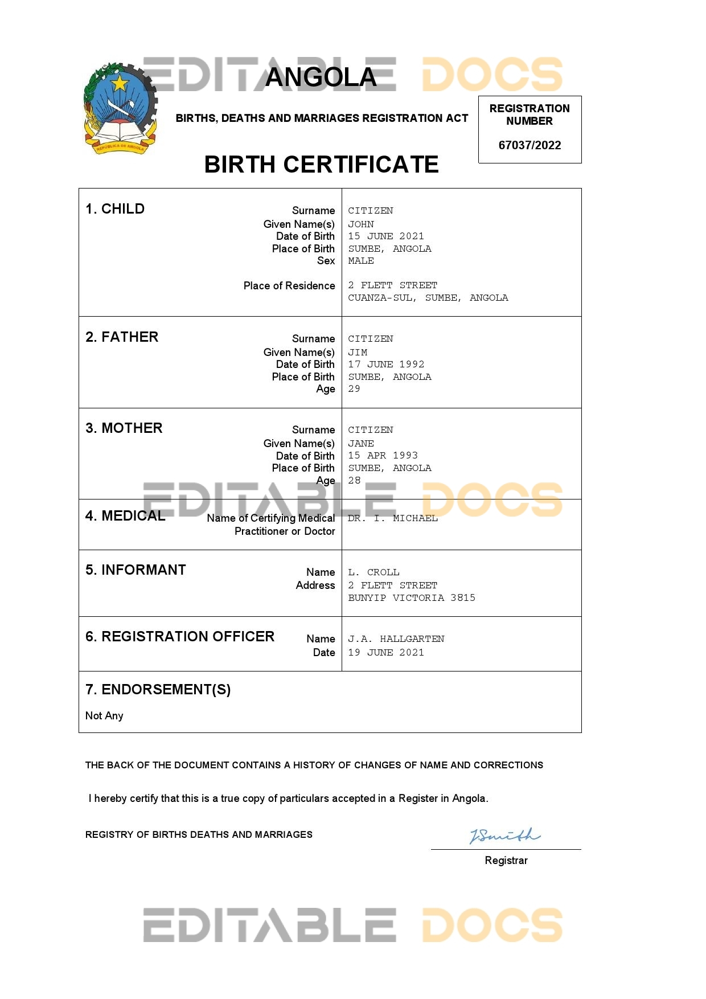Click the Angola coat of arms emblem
pyautogui.click(x=120, y=109)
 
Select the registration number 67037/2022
pyautogui.click(x=529, y=145)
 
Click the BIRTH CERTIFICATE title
pyautogui.click(x=321, y=165)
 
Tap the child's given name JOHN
pyautogui.click(x=361, y=224)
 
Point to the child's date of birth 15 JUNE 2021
pyautogui.click(x=386, y=236)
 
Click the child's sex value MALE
pyautogui.click(x=361, y=260)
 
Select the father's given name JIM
pyautogui.click(x=358, y=352)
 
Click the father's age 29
pyautogui.click(x=354, y=388)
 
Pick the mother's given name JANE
pyautogui.click(x=361, y=443)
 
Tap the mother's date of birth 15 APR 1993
pyautogui.click(x=383, y=455)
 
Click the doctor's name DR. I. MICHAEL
pyautogui.click(x=392, y=518)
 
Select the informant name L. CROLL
pyautogui.click(x=373, y=572)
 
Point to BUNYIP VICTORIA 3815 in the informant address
pyautogui.click(x=412, y=597)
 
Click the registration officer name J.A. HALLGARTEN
pyautogui.click(x=396, y=638)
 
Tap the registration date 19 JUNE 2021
pyautogui.click(x=386, y=652)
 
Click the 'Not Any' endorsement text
pyautogui.click(x=104, y=715)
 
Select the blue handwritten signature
pyautogui.click(x=504, y=836)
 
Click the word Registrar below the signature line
pyautogui.click(x=506, y=860)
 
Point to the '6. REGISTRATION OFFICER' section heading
pyautogui.click(x=180, y=636)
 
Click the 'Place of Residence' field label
pyautogui.click(x=289, y=285)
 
